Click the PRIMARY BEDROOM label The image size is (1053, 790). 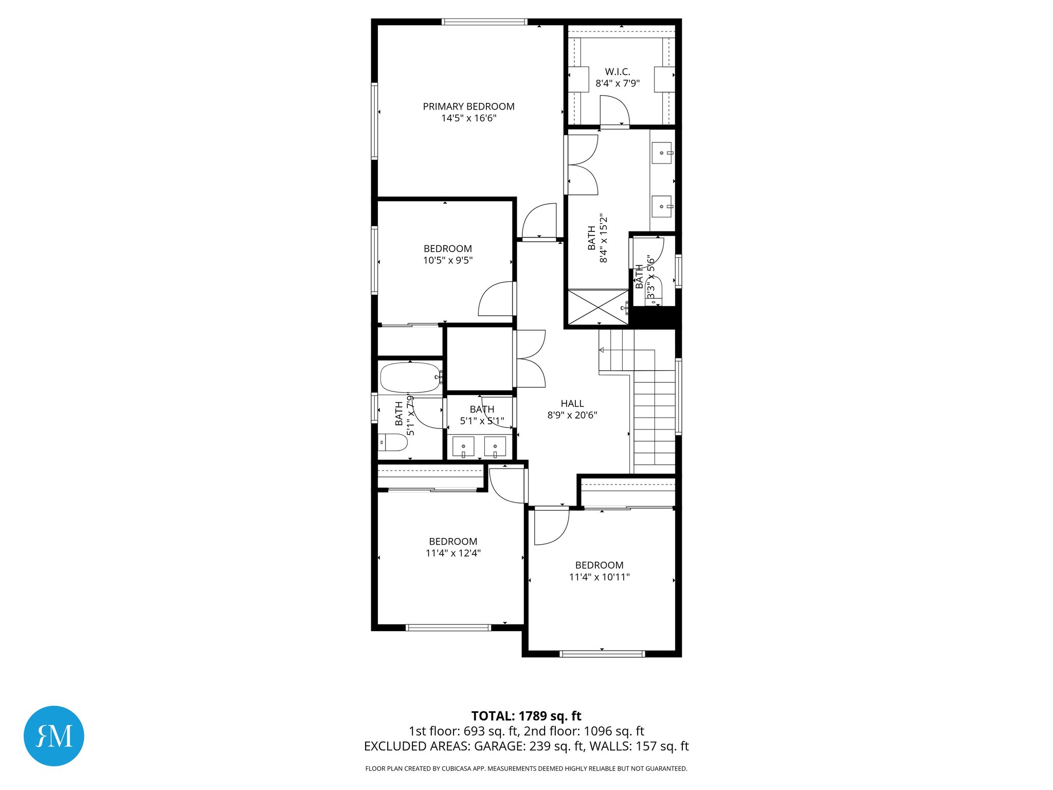(x=468, y=106)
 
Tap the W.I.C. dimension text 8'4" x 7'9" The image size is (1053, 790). (x=618, y=83)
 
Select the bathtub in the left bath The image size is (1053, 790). (x=410, y=378)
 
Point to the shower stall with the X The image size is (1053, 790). (x=597, y=308)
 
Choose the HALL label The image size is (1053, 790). (x=572, y=404)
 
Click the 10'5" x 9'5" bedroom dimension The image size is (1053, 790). (x=448, y=260)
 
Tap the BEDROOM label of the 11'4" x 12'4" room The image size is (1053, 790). (x=453, y=542)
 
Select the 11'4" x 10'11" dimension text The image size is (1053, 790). (x=599, y=577)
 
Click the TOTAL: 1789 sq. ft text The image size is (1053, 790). (x=526, y=716)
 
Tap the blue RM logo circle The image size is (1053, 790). (x=54, y=735)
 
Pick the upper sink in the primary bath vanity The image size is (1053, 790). (x=662, y=153)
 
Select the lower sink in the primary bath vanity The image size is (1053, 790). (x=662, y=206)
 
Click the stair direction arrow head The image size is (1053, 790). (x=602, y=350)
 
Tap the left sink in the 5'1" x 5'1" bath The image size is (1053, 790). (x=463, y=446)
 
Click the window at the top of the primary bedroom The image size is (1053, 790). (x=484, y=22)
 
